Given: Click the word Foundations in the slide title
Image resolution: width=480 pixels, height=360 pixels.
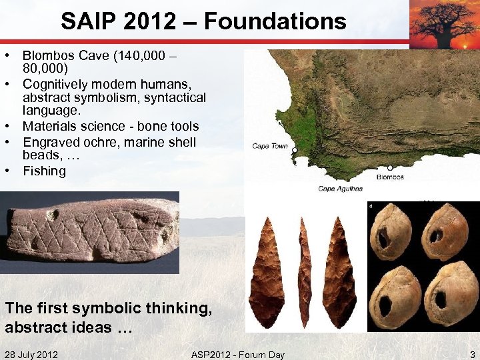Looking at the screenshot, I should [x=275, y=21].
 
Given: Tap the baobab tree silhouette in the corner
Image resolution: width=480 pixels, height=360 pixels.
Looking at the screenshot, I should [x=444, y=23].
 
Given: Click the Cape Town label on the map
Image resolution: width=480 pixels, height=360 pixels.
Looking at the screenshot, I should [x=270, y=146].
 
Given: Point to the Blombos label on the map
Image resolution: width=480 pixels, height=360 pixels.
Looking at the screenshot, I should [x=390, y=177].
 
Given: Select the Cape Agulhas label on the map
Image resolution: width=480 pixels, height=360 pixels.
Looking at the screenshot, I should [x=340, y=189].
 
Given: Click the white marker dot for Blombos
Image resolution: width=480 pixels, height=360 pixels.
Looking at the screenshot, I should [x=390, y=168].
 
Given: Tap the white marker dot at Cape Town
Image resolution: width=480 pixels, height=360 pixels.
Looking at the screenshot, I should [x=294, y=150].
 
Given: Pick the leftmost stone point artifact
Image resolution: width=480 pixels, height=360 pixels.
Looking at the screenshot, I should [x=267, y=270].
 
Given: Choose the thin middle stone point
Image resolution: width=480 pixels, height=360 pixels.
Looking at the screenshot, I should [x=304, y=270].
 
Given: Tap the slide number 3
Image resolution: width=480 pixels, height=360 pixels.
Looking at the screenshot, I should [x=471, y=354].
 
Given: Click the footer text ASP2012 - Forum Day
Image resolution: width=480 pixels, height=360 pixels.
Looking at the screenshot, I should [x=237, y=354].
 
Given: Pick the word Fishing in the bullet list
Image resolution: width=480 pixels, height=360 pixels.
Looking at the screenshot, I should [x=45, y=171].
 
